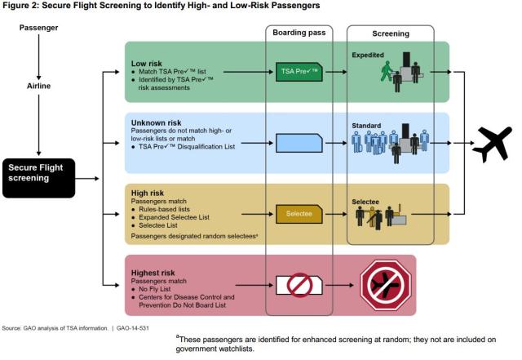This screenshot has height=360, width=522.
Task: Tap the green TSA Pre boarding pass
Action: pos(299,72)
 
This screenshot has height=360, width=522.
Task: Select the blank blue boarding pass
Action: pos(299,144)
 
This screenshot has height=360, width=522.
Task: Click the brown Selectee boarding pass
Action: pos(299,214)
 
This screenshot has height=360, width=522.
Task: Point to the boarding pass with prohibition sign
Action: pos(299,284)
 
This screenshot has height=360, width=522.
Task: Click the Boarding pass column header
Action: pos(299,34)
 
